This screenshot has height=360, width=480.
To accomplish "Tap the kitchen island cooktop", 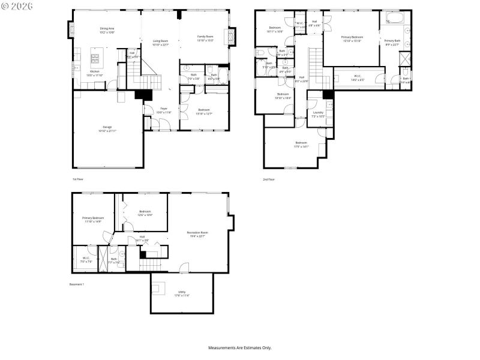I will [95, 59].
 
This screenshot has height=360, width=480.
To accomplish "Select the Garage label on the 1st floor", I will [107, 127].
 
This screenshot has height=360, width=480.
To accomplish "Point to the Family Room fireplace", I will [227, 38].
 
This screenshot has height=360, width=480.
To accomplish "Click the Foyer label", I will [163, 109].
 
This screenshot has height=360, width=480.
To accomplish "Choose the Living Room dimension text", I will [160, 45].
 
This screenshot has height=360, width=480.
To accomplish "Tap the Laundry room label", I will [318, 112].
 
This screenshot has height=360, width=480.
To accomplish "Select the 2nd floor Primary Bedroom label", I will [352, 37].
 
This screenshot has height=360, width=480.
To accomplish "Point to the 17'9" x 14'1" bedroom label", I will [301, 144].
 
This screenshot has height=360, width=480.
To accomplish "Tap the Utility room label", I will [181, 292].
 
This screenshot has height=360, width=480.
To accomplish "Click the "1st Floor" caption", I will [78, 179].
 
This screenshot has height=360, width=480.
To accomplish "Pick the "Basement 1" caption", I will [77, 284].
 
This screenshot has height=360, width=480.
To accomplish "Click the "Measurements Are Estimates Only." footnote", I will [239, 347].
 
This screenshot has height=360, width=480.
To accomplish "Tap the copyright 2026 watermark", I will [17, 5].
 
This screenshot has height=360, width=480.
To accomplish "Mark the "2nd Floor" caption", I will [268, 179].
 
